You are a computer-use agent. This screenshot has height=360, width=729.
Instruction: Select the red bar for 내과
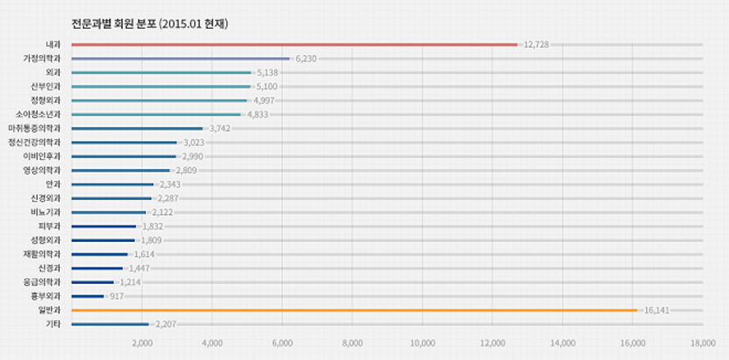tap(295, 44)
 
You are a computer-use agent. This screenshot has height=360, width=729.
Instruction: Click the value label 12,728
tap(536, 44)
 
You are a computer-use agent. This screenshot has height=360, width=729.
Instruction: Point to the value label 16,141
tap(656, 310)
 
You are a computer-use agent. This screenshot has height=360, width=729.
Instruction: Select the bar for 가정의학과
tap(180, 58)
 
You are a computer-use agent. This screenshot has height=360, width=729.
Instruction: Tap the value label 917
tap(116, 296)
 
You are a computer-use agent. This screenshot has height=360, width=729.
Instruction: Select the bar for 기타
tap(110, 324)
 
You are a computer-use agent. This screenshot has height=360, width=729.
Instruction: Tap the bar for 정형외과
tap(159, 100)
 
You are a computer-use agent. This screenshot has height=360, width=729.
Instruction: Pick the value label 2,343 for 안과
tap(170, 185)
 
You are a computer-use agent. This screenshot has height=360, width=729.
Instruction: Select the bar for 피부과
tap(104, 226)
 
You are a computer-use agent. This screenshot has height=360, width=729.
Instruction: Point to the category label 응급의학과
tap(43, 282)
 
